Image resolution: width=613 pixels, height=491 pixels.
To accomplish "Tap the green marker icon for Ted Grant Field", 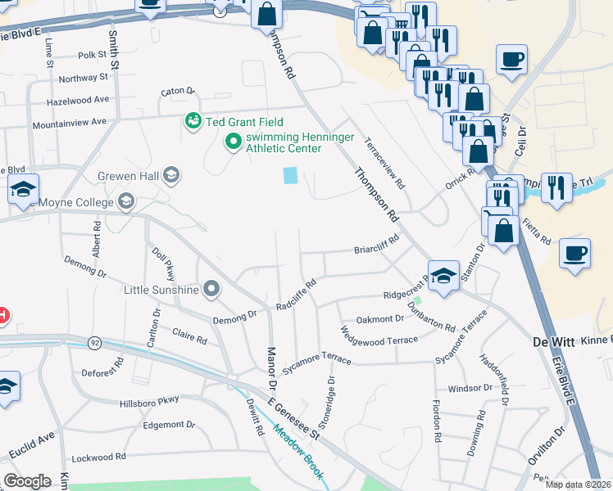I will click(193, 121).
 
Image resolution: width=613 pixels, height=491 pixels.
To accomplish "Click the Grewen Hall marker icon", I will click(171, 174).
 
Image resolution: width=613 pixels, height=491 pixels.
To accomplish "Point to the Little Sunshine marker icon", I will click(212, 289).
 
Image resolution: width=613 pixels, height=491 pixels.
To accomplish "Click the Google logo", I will click(27, 481).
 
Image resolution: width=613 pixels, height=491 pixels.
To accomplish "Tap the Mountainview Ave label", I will click(70, 123).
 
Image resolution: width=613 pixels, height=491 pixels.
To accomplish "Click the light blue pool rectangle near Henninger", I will click(290, 175).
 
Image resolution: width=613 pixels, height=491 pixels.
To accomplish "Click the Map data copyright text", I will click(579, 484).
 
